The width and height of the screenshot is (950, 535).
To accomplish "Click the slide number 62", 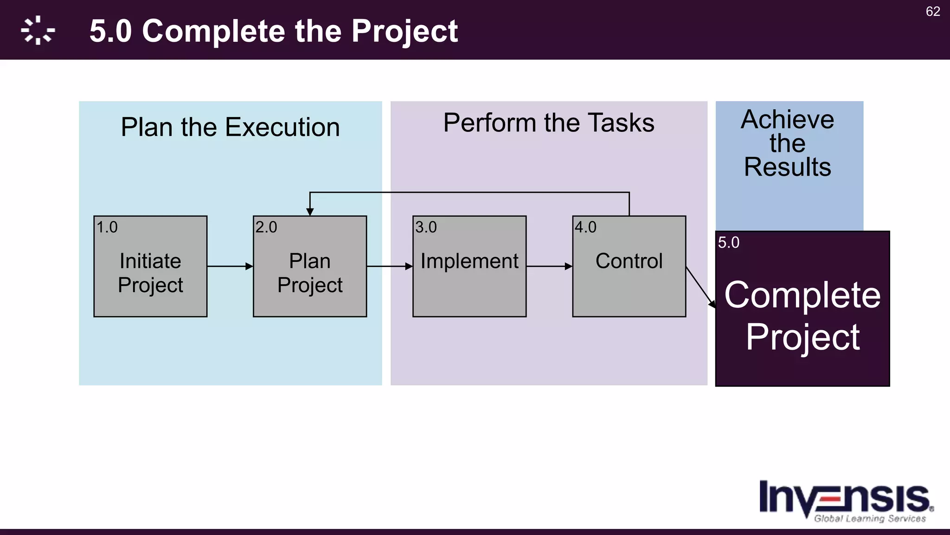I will pos(933,12).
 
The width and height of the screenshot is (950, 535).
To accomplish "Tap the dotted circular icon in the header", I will pos(38,31).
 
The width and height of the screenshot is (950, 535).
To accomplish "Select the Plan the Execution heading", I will pos(230,127).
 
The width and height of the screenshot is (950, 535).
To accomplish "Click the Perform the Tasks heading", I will pos(548,123).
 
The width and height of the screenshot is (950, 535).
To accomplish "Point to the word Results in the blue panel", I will pos(787,167).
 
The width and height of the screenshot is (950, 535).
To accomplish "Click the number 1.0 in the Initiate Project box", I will pos(107,227).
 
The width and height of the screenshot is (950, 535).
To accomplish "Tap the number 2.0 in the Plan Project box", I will pos(266,227).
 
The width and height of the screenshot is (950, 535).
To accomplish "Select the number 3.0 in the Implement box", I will pos(426,227).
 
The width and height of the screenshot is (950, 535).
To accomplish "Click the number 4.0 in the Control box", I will pos(585,227).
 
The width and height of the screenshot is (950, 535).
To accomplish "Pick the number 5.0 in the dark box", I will pos(728,242).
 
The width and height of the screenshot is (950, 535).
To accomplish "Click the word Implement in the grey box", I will pos(469,261).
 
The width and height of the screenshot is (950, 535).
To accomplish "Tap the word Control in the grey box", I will pos(629,261).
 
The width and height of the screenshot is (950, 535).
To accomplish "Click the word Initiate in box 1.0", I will pos(150,261).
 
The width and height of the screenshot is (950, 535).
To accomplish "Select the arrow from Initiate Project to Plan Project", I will pos(230,267).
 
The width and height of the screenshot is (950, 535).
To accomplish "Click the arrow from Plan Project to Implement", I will pos(389,267).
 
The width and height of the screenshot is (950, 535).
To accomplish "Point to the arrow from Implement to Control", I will pos(549,267).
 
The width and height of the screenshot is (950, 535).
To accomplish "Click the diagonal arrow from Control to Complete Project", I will pos(700,287).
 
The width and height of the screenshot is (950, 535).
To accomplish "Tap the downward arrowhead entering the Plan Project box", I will pos(310,212).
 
